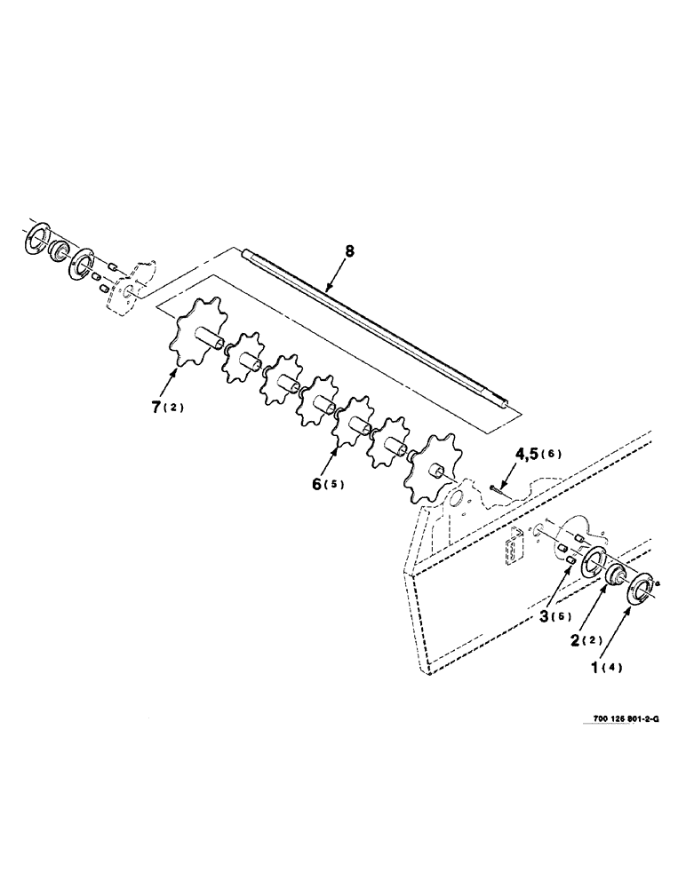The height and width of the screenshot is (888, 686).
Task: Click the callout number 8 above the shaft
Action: (x=349, y=251)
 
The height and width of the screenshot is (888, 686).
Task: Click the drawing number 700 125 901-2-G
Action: (x=614, y=720)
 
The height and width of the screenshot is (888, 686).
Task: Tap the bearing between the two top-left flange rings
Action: (x=61, y=251)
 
